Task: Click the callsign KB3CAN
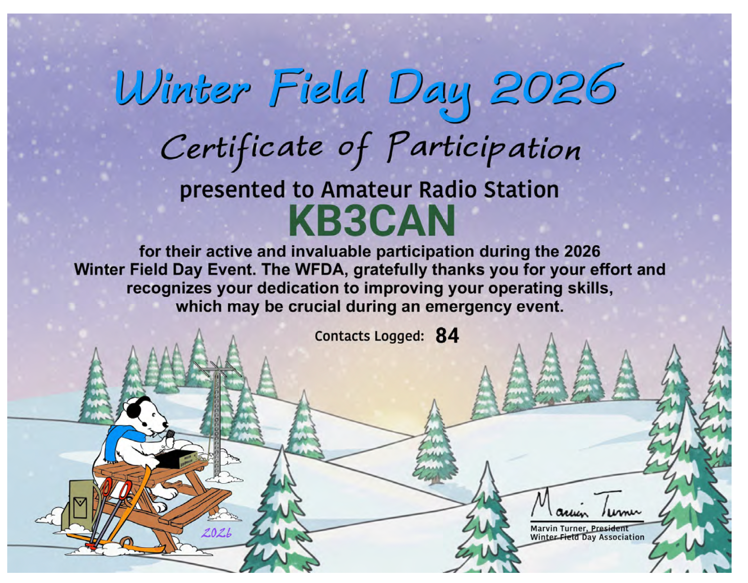tap(372, 221)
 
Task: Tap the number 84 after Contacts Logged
tap(447, 335)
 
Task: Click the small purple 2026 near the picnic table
tap(216, 533)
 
